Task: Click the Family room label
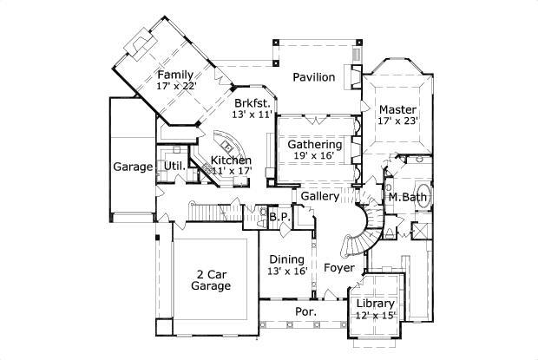tap(175, 75)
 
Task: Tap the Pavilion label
tap(313, 77)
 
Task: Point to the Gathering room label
tap(315, 144)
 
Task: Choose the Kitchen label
tap(232, 160)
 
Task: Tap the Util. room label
tap(173, 165)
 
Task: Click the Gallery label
tap(319, 197)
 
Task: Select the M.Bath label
tap(404, 198)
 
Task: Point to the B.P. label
tap(278, 216)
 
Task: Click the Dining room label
tap(285, 259)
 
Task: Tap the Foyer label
tap(339, 268)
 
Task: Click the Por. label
tap(305, 311)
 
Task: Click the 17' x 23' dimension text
tap(398, 121)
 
